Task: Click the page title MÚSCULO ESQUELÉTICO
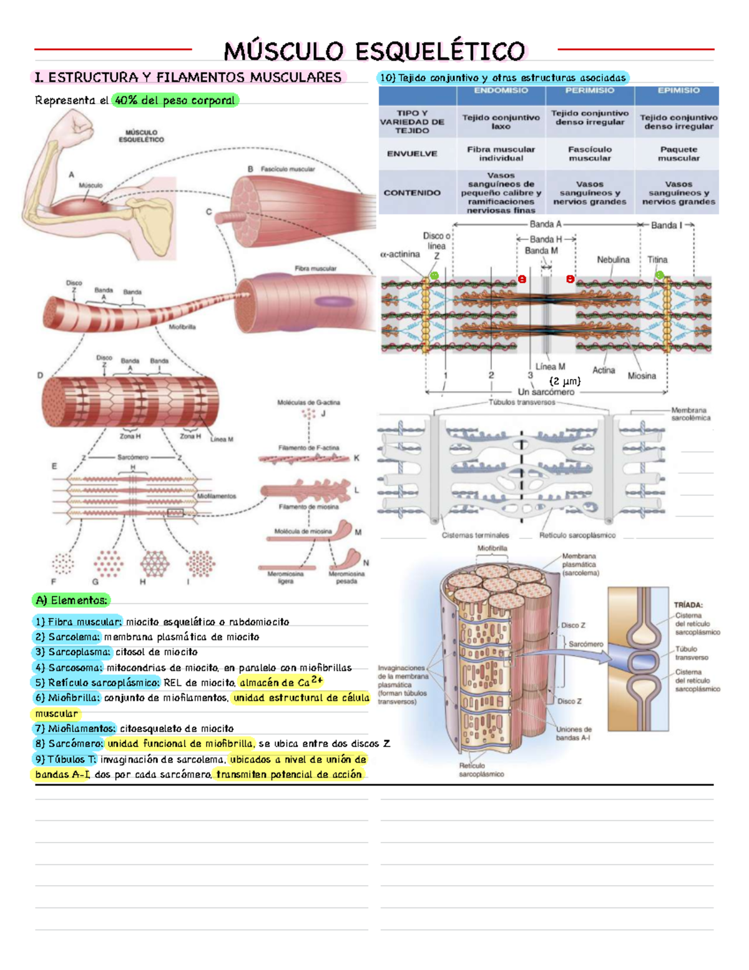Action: (374, 51)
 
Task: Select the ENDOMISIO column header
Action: (501, 91)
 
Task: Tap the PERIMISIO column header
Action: (589, 91)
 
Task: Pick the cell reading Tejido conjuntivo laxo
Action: (501, 122)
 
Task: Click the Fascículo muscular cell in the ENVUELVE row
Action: (589, 154)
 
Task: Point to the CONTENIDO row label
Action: (412, 193)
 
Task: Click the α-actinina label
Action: (399, 254)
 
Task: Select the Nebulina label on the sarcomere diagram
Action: (613, 260)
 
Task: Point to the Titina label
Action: (657, 260)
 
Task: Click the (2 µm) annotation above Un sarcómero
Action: (565, 381)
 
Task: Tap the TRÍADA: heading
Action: (688, 605)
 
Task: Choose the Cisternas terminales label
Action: (475, 535)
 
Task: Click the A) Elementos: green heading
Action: (71, 600)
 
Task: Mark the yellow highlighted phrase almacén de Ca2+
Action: (280, 682)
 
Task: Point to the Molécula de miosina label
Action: (303, 532)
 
